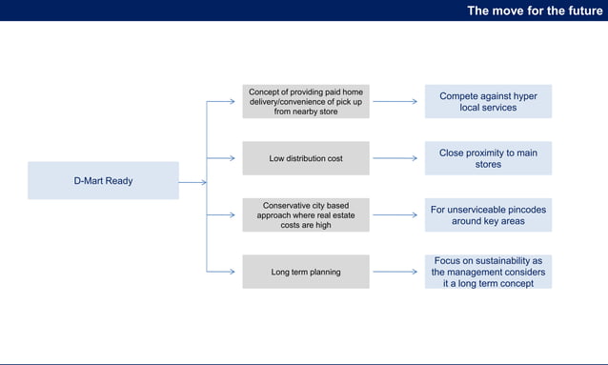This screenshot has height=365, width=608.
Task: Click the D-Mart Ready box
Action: pyautogui.click(x=103, y=180)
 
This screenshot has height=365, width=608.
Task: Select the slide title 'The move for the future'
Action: pyautogui.click(x=535, y=10)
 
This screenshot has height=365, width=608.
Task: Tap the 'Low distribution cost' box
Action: pyautogui.click(x=306, y=158)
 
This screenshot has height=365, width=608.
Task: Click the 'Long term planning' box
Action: pyautogui.click(x=306, y=273)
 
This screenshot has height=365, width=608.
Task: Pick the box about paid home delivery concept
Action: pyautogui.click(x=306, y=101)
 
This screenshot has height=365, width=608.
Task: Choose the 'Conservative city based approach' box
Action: pyautogui.click(x=306, y=215)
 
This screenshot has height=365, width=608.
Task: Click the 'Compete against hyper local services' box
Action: pyautogui.click(x=488, y=102)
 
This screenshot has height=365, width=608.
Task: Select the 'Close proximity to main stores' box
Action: pyautogui.click(x=488, y=158)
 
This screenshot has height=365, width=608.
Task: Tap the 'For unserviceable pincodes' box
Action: pyautogui.click(x=488, y=215)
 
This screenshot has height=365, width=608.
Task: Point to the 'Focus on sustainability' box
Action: pyautogui.click(x=488, y=272)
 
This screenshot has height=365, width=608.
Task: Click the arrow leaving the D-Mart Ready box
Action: pyautogui.click(x=192, y=181)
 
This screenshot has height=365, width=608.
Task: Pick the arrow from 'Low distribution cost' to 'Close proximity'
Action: pyautogui.click(x=395, y=158)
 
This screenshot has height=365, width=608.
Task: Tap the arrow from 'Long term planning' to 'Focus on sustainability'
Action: pyautogui.click(x=395, y=273)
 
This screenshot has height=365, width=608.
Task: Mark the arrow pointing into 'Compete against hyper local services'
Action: pyautogui.click(x=395, y=101)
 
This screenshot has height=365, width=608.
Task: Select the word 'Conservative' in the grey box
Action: pyautogui.click(x=291, y=205)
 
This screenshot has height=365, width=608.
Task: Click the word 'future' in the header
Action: pyautogui.click(x=582, y=10)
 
